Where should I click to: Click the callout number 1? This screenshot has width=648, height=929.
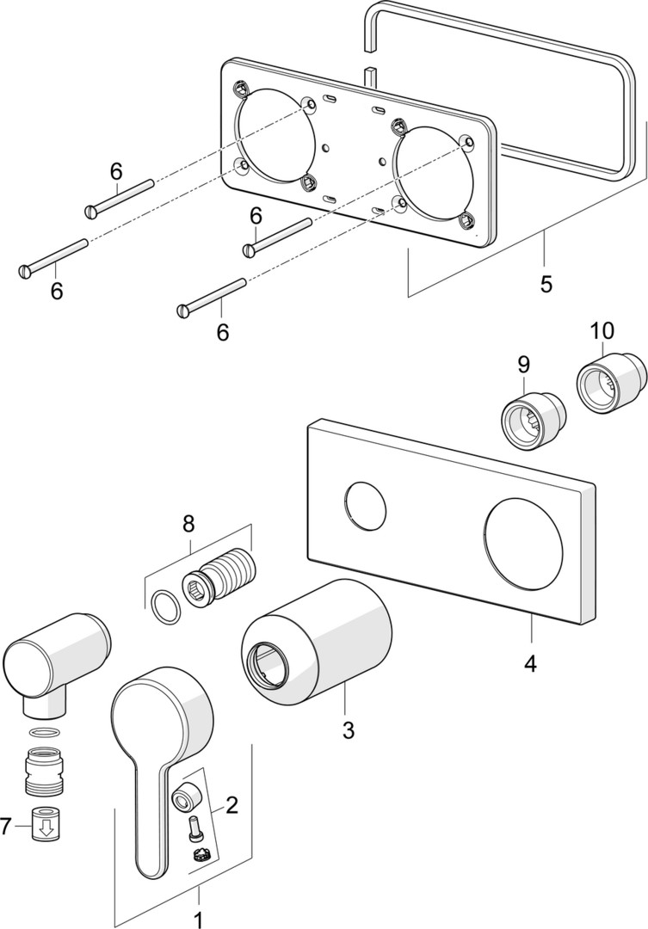click(198, 919)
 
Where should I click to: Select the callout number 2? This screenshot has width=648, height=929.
click(231, 805)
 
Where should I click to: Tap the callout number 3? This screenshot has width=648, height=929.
click(348, 730)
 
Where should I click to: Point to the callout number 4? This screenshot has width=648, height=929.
click(530, 663)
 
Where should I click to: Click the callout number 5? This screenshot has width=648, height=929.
click(546, 283)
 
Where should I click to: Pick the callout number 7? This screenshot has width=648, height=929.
click(7, 827)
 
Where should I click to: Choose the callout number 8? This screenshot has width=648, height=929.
click(188, 522)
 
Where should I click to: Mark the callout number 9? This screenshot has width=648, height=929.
click(524, 365)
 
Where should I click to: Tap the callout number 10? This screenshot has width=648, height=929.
click(602, 330)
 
